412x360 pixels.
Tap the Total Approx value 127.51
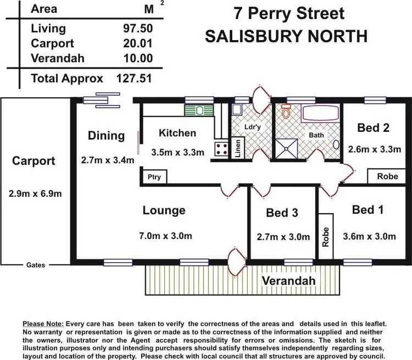pyautogui.click(x=134, y=78)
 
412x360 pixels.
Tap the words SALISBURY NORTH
pyautogui.click(x=286, y=37)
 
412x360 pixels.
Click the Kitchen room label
pyautogui.click(x=177, y=133)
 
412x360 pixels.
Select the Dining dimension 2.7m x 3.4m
pyautogui.click(x=108, y=160)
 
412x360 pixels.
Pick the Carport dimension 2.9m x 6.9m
pyautogui.click(x=35, y=193)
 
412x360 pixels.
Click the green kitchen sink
pyautogui.click(x=194, y=110)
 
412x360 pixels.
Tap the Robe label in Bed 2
pyautogui.click(x=387, y=176)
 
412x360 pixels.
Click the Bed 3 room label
pyautogui.click(x=281, y=213)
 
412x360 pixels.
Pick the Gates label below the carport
pyautogui.click(x=36, y=265)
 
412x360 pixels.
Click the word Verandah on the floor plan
pyautogui.click(x=288, y=281)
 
